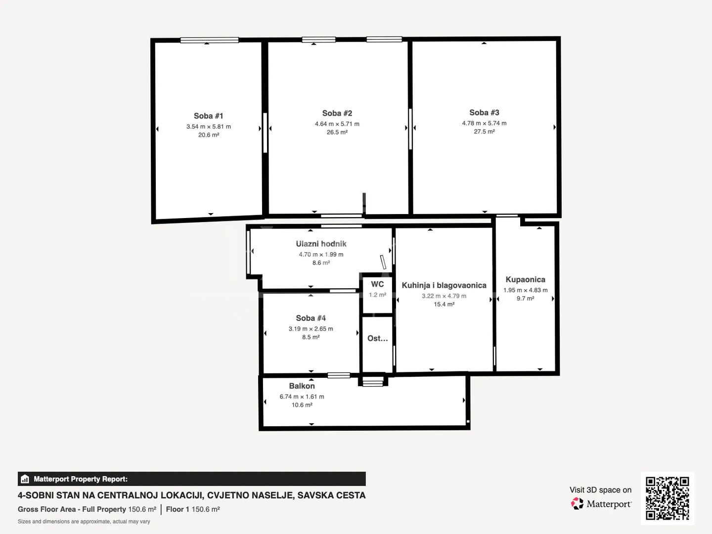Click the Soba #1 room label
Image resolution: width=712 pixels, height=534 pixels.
208,116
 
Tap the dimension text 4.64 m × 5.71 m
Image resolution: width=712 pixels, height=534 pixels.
337,124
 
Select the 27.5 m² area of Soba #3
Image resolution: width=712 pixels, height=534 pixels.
484,132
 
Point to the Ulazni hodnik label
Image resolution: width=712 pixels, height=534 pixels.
321,244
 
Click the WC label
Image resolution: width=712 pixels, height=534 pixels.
377,284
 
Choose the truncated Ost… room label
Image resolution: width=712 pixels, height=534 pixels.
377,339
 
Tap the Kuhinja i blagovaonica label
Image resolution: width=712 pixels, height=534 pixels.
444,285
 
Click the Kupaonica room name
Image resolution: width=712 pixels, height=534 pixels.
525,279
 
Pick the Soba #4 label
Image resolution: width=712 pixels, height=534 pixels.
311,318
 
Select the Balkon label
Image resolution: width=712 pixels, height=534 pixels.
302,386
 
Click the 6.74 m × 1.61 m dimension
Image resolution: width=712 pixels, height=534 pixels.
302,397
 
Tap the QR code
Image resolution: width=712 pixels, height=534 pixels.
667,498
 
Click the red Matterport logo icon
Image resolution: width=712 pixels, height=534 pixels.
577,503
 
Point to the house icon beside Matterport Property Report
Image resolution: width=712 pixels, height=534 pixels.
25,479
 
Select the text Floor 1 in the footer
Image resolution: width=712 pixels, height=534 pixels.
178,509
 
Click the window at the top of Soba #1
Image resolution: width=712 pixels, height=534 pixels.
210,40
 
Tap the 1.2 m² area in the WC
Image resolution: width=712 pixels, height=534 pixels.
377,295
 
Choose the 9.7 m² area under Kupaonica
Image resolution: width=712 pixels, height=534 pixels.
525,298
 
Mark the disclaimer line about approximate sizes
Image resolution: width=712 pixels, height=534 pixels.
84,522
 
